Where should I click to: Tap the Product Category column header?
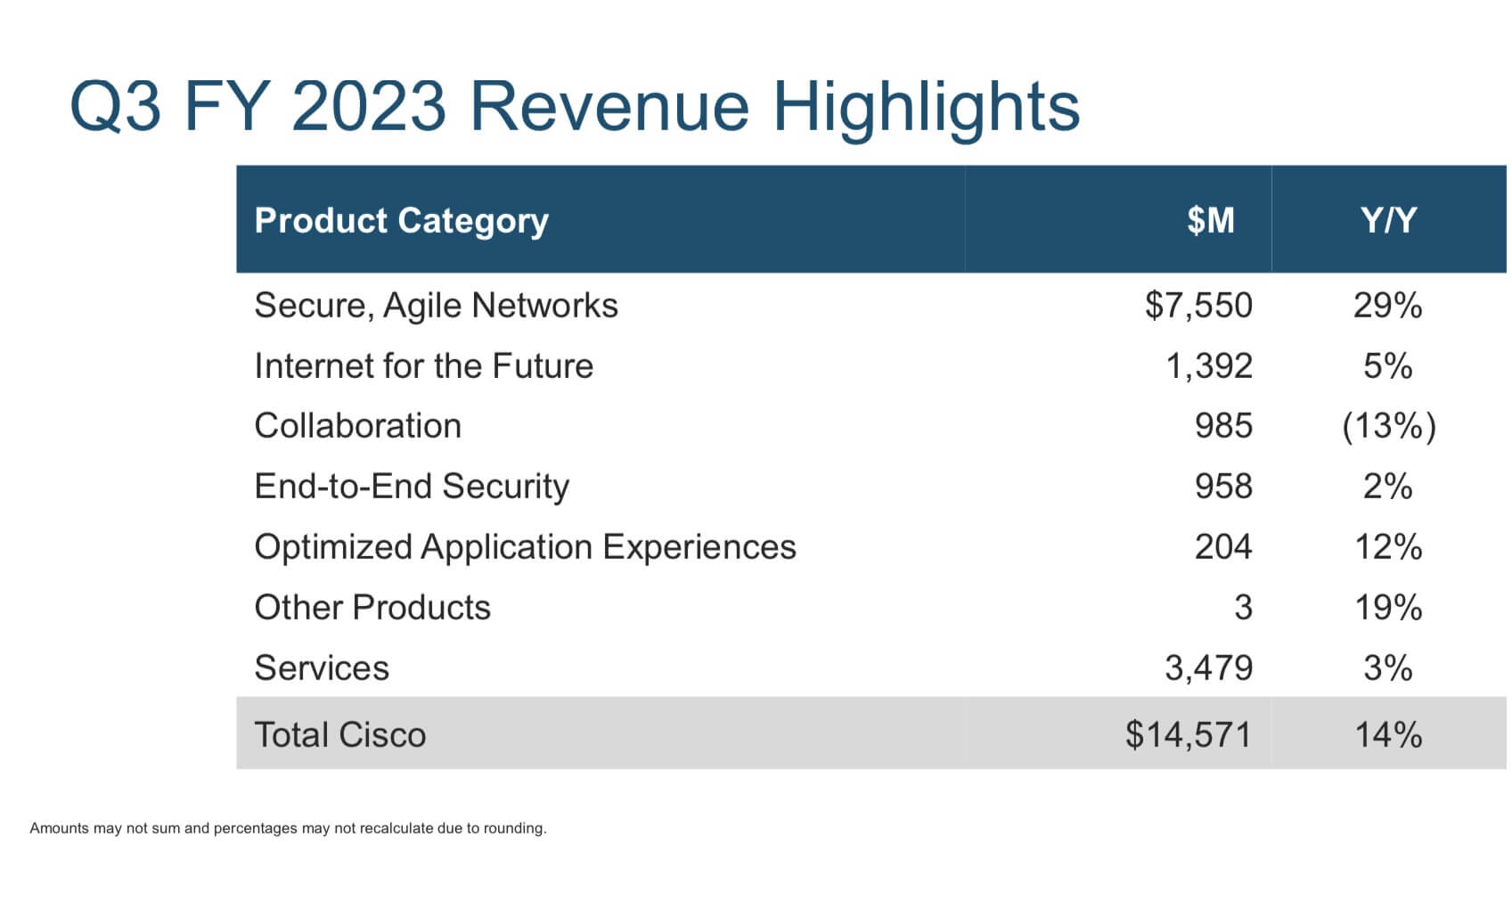[x=401, y=220]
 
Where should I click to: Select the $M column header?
[x=1210, y=220]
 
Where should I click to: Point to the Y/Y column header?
[x=1387, y=220]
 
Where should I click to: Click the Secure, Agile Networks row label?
[x=436, y=306]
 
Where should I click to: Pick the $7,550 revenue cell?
[x=1198, y=306]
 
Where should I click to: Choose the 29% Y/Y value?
[x=1387, y=306]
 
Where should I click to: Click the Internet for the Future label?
[x=423, y=366]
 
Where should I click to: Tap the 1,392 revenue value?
[x=1209, y=366]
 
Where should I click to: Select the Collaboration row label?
[x=357, y=426]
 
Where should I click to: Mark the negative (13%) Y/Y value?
[x=1388, y=426]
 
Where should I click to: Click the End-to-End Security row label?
[x=411, y=487]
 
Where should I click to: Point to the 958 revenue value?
[x=1223, y=487]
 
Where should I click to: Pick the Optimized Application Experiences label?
[x=525, y=547]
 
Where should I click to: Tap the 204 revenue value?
[x=1223, y=547]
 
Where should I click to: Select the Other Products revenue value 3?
[x=1243, y=608]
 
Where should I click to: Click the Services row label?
[x=322, y=668]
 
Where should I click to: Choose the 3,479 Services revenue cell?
[x=1208, y=668]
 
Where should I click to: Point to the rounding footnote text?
[x=288, y=828]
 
